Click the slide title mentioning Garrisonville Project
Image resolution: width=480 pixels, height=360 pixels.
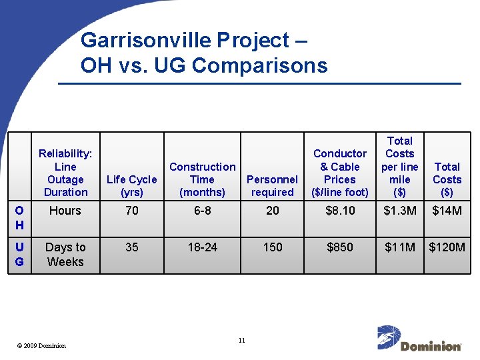point(203,53)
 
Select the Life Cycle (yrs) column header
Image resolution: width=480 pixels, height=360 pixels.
point(132,186)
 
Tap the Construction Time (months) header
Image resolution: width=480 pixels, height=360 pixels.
point(202,179)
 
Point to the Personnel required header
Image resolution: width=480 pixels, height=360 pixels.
point(272,186)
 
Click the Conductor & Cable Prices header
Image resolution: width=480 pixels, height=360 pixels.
point(340,173)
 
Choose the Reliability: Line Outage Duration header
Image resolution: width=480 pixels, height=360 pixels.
point(65,173)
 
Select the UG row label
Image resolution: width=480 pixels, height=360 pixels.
point(19,255)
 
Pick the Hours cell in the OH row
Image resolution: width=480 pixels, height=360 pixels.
point(65,211)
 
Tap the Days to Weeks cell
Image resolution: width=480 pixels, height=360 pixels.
point(65,255)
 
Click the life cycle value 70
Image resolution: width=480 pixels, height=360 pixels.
point(132,211)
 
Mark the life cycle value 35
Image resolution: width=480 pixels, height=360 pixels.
point(132,247)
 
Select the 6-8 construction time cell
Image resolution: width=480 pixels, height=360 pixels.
point(202,211)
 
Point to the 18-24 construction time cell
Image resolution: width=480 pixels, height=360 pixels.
point(202,247)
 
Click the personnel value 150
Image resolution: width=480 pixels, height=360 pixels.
point(272,247)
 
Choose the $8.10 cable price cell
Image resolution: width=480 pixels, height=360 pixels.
point(340,211)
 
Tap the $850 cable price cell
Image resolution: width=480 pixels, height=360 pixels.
point(340,247)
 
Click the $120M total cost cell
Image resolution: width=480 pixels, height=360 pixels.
point(447,247)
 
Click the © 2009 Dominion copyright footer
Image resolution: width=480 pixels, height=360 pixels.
point(41,345)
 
